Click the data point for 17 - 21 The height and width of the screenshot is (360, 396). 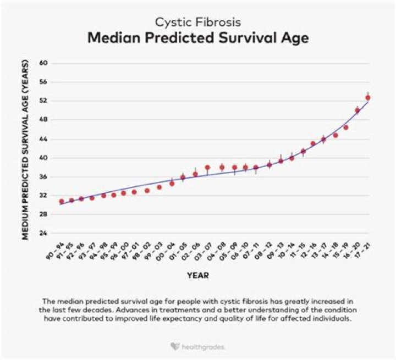tap(368, 98)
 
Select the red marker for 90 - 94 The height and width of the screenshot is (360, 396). tap(62, 202)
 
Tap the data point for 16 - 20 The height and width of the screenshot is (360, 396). tap(358, 110)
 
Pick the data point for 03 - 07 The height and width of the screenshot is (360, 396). tap(207, 168)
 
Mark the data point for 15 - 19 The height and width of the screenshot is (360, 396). tap(346, 128)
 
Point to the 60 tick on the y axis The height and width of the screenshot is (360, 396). tap(44, 63)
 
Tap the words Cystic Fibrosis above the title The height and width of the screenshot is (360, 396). tap(198, 23)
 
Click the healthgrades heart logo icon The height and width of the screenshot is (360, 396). tap(174, 347)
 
